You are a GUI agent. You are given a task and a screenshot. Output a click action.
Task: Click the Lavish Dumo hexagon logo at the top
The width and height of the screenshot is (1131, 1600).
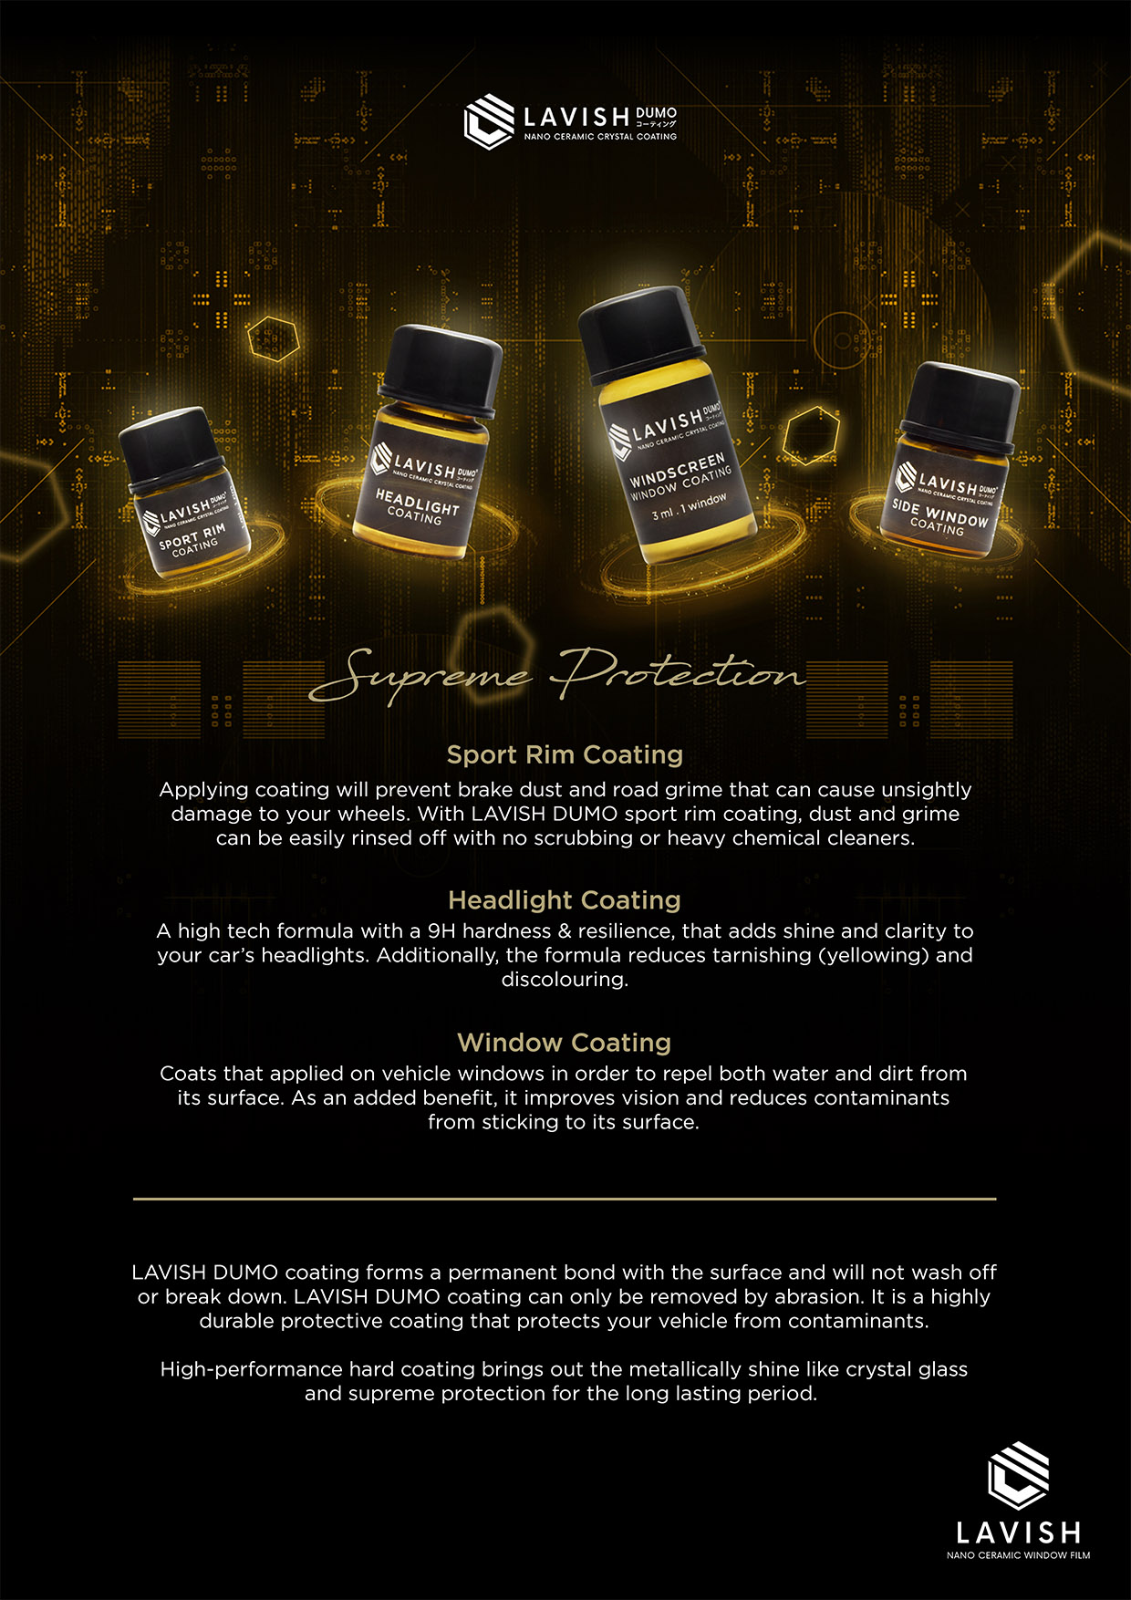click(x=489, y=121)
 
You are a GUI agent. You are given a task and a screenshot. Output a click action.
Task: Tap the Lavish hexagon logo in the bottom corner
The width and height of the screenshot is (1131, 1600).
click(x=1019, y=1476)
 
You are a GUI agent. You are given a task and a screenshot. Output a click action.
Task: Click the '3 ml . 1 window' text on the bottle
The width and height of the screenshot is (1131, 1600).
click(x=690, y=507)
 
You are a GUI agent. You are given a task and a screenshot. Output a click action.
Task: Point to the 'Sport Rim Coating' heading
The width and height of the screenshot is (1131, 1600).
click(x=565, y=754)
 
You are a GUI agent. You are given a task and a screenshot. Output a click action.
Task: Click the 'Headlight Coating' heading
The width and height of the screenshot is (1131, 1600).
click(x=565, y=900)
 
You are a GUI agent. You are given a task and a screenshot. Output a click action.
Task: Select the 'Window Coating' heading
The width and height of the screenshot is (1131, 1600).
click(x=565, y=1043)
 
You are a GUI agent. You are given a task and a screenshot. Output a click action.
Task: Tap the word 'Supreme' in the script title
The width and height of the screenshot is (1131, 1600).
click(x=421, y=675)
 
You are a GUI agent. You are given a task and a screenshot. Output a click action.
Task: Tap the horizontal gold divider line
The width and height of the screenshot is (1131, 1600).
click(x=565, y=1199)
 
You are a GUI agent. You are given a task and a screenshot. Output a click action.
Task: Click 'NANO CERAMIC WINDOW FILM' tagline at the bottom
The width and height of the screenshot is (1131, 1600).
click(x=1019, y=1555)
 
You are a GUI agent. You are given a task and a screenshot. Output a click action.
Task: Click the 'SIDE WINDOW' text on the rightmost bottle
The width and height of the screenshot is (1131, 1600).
click(x=940, y=513)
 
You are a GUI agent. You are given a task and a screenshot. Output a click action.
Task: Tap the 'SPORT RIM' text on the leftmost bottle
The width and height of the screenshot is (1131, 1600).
click(x=192, y=537)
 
